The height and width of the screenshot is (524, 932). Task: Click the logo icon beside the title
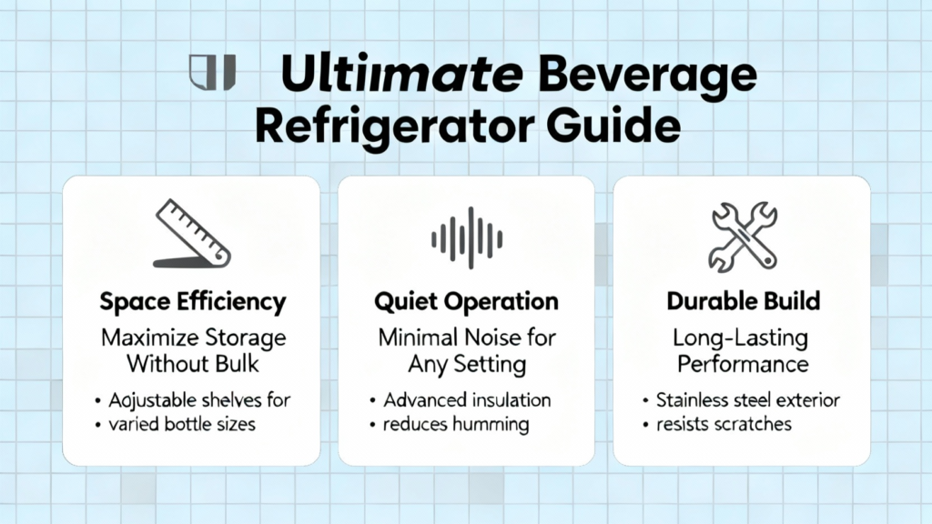tap(212, 73)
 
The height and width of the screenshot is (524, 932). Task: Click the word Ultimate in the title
tap(401, 75)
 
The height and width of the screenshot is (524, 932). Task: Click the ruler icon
tap(192, 234)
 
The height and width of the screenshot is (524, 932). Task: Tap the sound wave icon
tap(467, 238)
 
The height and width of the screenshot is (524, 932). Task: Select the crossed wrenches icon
tap(743, 237)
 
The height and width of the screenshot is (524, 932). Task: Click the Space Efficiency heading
tap(193, 302)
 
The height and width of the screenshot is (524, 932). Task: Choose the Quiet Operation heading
tap(467, 302)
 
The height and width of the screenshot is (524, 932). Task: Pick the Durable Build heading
tap(743, 301)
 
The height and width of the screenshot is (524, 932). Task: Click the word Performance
tap(743, 364)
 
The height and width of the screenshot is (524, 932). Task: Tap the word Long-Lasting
tap(741, 338)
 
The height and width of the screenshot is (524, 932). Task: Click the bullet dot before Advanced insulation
tap(372, 401)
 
